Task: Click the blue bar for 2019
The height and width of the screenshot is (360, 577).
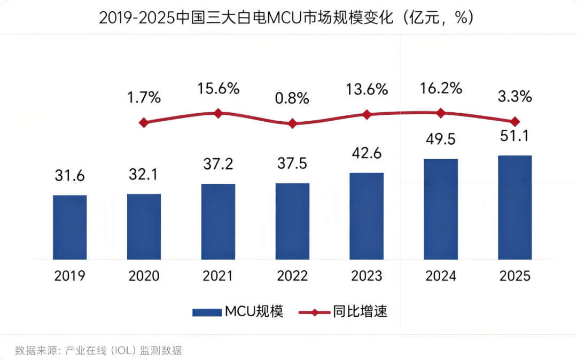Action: (x=69, y=227)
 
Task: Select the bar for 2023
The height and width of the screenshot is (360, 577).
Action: (x=367, y=216)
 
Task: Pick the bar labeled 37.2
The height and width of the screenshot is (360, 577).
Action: (x=218, y=222)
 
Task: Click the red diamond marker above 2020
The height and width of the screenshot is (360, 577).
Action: (x=143, y=123)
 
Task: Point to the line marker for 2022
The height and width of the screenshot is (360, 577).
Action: (x=292, y=123)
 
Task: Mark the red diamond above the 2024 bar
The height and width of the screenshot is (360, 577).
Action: (x=441, y=113)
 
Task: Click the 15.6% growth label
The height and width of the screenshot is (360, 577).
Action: (x=218, y=89)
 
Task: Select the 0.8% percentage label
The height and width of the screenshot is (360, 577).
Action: (x=292, y=98)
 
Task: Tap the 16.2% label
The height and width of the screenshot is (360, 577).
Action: (x=441, y=88)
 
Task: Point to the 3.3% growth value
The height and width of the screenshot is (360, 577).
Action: (x=515, y=97)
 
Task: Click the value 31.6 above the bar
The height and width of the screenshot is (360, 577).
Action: (x=69, y=175)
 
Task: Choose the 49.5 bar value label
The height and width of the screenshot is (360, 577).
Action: (x=441, y=139)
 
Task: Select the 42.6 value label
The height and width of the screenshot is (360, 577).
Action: (x=367, y=153)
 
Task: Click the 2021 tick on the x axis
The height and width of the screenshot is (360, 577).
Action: (x=218, y=276)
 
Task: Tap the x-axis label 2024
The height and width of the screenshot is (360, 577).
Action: (x=441, y=276)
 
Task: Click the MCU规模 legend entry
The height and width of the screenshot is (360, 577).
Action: (x=238, y=312)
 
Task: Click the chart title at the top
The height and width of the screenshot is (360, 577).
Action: (x=288, y=18)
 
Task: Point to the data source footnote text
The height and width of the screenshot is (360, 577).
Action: (x=98, y=350)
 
